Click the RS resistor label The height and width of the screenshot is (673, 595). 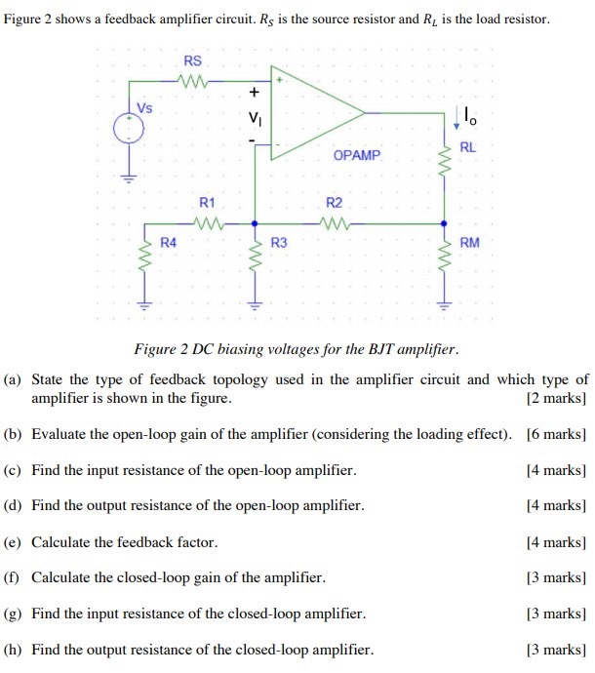pos(192,60)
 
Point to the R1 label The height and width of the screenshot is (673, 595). pos(206,202)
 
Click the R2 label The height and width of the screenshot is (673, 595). pos(334,202)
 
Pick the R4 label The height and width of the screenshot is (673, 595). pos(169,242)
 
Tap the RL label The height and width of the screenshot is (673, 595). pos(468,146)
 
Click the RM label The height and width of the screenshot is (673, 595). pos(469,242)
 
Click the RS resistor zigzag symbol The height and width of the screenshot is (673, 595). pos(192,81)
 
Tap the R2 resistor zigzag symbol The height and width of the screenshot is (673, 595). pos(335,221)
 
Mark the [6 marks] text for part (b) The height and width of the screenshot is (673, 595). pos(556,433)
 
